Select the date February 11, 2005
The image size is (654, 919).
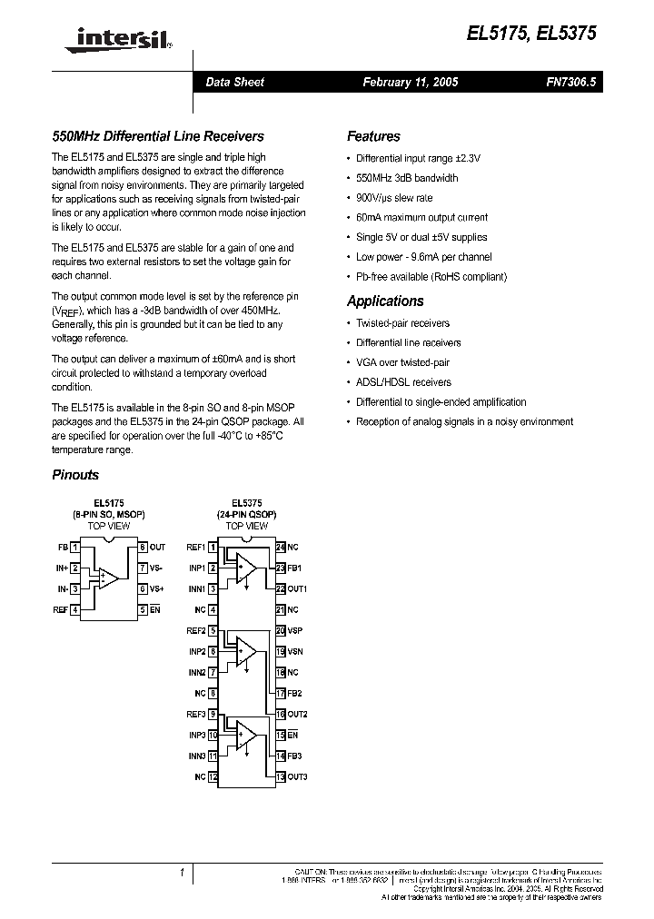pyautogui.click(x=410, y=82)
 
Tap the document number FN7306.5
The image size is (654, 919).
pyautogui.click(x=570, y=82)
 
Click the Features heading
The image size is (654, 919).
pyautogui.click(x=373, y=136)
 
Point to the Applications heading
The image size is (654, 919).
pyautogui.click(x=385, y=301)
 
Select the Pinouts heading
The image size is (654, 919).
pyautogui.click(x=75, y=475)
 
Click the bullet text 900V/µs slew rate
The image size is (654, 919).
pyautogui.click(x=394, y=198)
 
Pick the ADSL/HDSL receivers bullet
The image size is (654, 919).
pyautogui.click(x=403, y=382)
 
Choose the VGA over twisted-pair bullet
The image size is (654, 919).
pyautogui.click(x=403, y=362)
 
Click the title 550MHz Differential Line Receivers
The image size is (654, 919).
pyautogui.click(x=157, y=136)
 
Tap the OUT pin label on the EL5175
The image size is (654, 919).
pyautogui.click(x=157, y=548)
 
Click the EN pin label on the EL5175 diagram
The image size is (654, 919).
pyautogui.click(x=154, y=609)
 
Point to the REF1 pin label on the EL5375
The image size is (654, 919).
pyautogui.click(x=196, y=548)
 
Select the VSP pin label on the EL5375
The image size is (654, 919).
pyautogui.click(x=295, y=630)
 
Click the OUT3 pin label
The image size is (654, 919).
pyautogui.click(x=298, y=776)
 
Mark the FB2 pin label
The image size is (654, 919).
pyautogui.click(x=295, y=693)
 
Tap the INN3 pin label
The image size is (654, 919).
pyautogui.click(x=197, y=756)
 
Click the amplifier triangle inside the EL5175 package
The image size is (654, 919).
pyautogui.click(x=108, y=578)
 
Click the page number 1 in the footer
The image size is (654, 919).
pyautogui.click(x=183, y=873)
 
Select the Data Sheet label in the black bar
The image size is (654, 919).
pyautogui.click(x=234, y=82)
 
